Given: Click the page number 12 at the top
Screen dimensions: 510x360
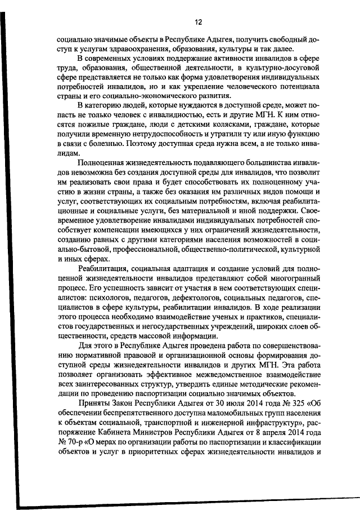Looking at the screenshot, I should click(198, 23).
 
